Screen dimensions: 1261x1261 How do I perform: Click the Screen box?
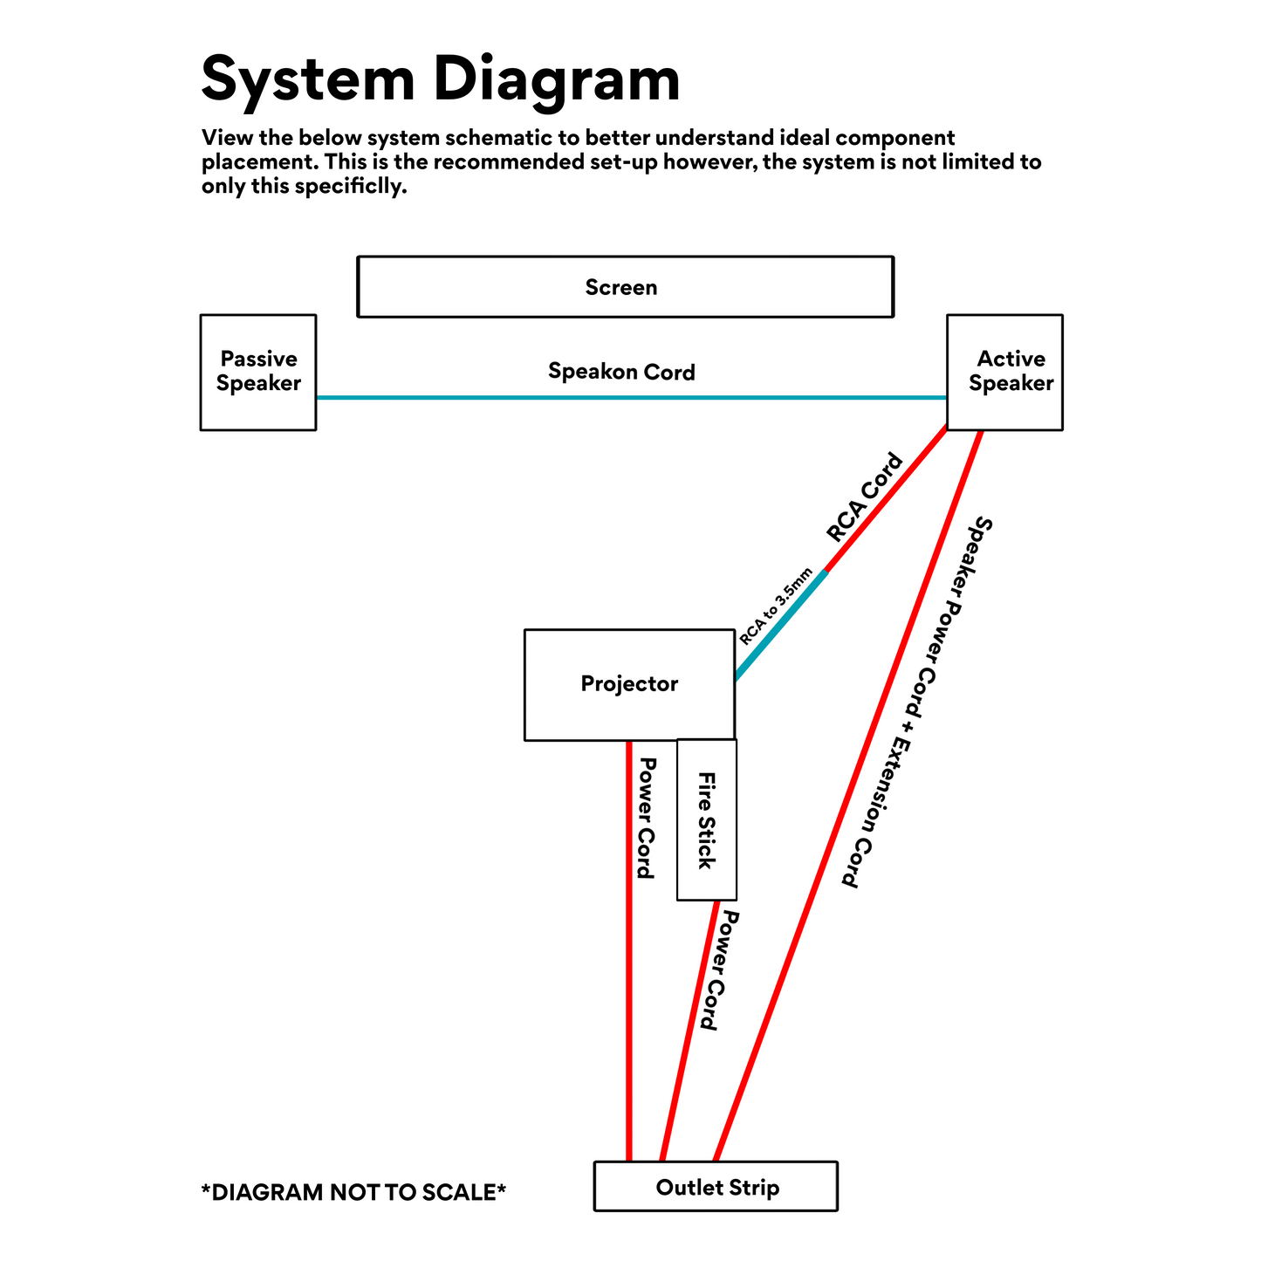625,286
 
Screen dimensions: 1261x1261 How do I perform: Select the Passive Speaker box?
258,372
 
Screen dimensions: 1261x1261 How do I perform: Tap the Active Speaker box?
1004,372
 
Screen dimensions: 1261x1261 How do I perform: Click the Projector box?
629,684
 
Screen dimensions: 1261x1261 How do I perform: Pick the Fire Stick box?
706,819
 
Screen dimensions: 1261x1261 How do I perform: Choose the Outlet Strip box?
716,1187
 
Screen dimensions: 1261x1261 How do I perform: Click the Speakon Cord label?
621,372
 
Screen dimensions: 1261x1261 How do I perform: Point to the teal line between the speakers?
628,398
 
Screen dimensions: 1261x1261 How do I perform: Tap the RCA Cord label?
864,497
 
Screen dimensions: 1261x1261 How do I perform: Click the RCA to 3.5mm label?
775,606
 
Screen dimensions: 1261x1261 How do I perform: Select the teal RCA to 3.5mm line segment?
781,624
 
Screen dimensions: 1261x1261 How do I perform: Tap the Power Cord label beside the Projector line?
647,818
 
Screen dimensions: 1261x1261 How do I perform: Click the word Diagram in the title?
556,79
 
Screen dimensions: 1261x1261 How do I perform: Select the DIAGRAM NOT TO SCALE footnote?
353,1192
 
